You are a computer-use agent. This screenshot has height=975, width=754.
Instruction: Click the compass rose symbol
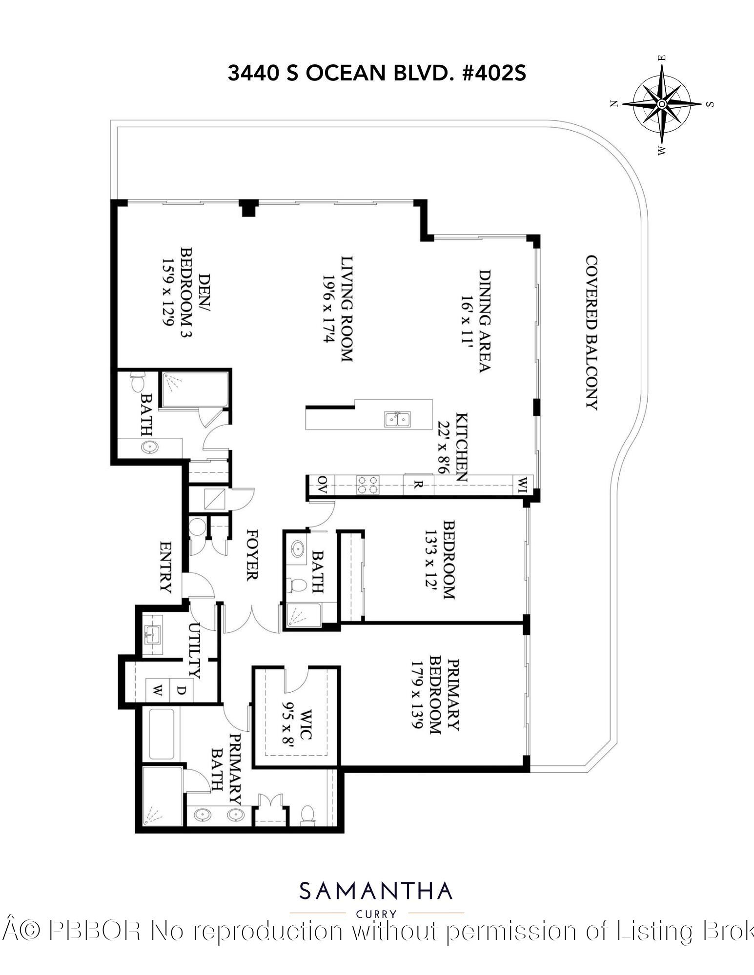coord(662,104)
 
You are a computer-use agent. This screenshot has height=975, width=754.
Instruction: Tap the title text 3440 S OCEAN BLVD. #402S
coord(377,74)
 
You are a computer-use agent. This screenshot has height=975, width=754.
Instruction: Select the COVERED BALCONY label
coord(591,332)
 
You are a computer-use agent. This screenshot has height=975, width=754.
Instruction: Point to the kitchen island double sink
coord(398,419)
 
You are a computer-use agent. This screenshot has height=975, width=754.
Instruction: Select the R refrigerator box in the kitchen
coord(418,486)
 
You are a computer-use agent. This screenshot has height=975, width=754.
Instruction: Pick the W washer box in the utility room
coord(158,690)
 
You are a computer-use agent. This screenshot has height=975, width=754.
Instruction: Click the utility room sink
coord(151,634)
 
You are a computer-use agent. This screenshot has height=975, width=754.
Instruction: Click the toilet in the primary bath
coord(307,814)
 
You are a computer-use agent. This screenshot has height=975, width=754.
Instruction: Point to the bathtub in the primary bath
coord(162,734)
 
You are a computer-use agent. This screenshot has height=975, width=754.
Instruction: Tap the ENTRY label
coord(166,567)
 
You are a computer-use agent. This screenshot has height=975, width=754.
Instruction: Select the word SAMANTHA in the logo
coord(376,891)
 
